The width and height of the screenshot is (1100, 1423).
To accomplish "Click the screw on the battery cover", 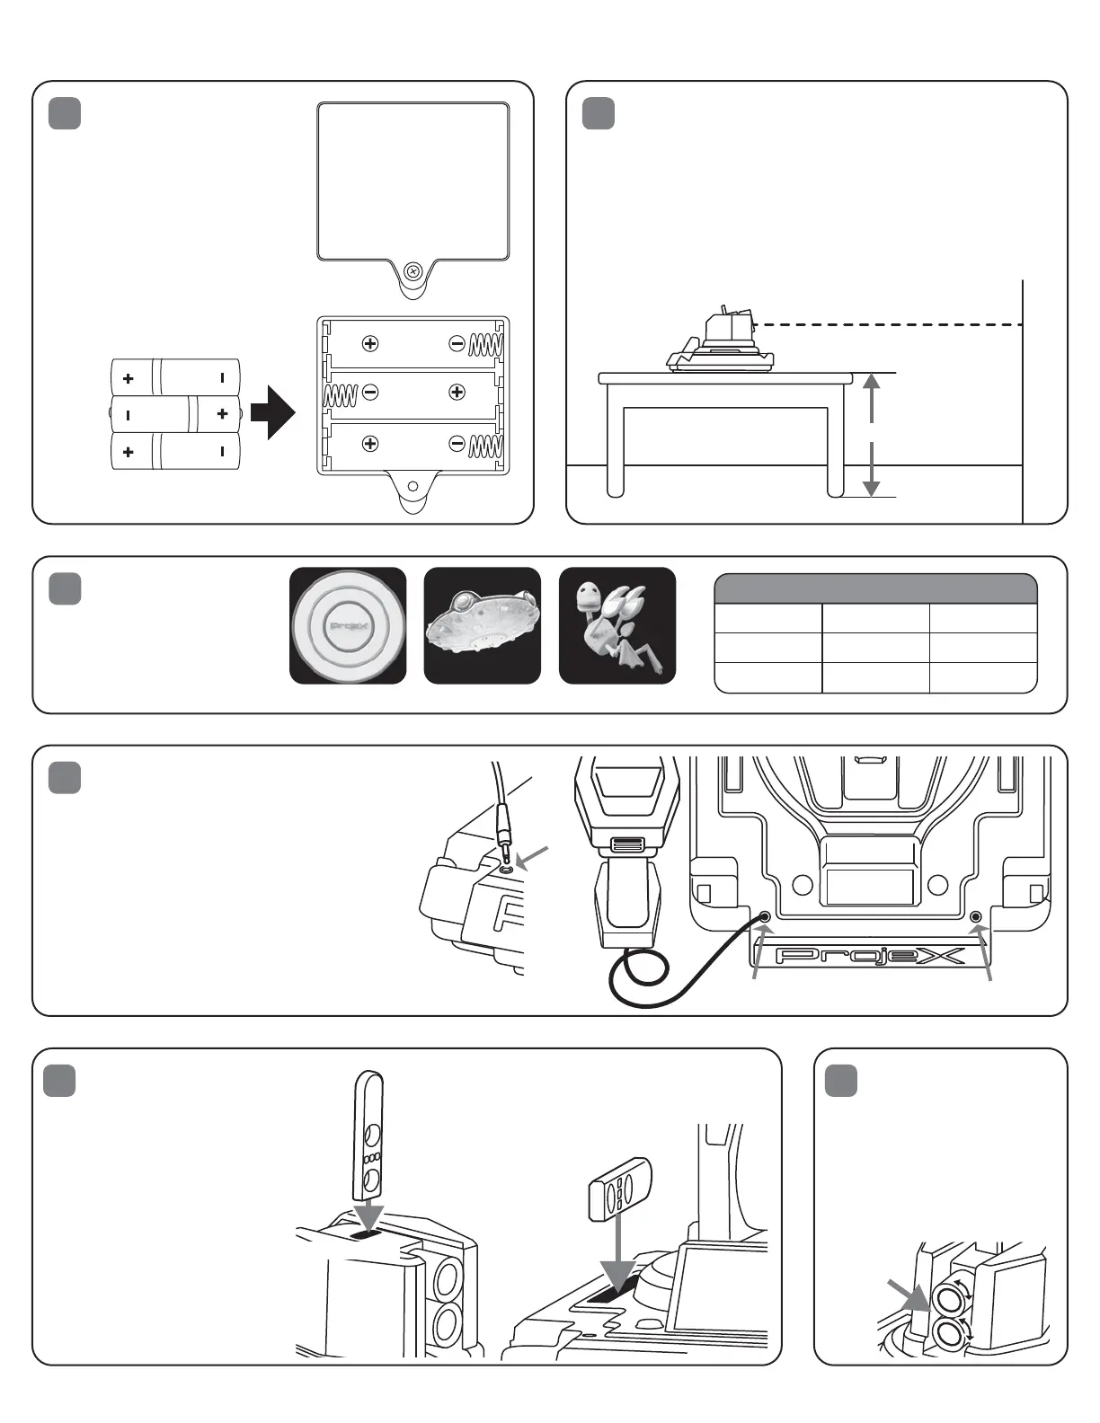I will pyautogui.click(x=413, y=270).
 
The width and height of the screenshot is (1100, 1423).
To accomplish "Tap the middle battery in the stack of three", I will pyautogui.click(x=175, y=414).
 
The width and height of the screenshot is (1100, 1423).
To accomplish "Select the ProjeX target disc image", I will pyautogui.click(x=348, y=626).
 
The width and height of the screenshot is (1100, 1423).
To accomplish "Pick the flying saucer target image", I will pyautogui.click(x=483, y=626).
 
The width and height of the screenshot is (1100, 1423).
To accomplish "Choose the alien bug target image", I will pyautogui.click(x=617, y=626).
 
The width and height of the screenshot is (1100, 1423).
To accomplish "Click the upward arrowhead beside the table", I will pyautogui.click(x=871, y=384).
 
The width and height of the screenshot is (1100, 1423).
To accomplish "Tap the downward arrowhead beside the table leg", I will pyautogui.click(x=871, y=486).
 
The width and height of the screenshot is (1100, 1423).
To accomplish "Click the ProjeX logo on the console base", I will pyautogui.click(x=870, y=955).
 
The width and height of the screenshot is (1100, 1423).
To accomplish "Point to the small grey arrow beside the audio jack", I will pyautogui.click(x=532, y=859).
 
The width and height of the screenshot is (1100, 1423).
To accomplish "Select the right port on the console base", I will pyautogui.click(x=977, y=916).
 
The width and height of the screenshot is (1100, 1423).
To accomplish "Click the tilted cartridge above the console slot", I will pyautogui.click(x=619, y=1189).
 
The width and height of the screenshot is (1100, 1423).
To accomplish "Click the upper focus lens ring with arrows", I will pyautogui.click(x=948, y=1299).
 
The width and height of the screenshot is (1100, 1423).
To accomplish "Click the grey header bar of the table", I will pyautogui.click(x=875, y=589).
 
